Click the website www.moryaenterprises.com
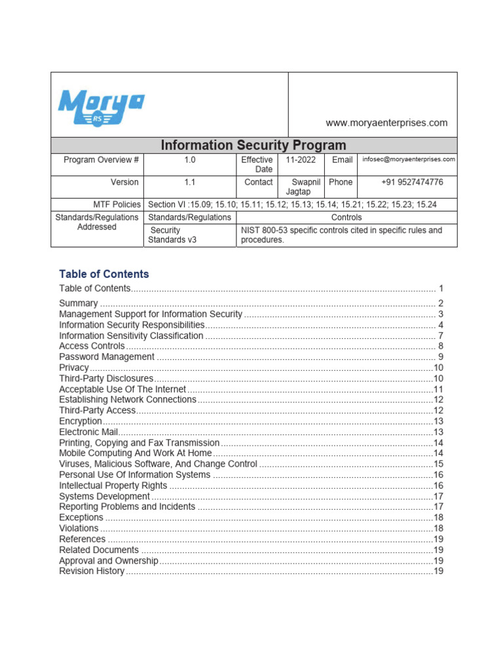coord(387,123)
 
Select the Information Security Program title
coord(253,145)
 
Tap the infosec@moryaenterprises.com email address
coord(409,159)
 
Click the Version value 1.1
coord(189,182)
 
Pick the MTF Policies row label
coord(117,204)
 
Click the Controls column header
coord(346,217)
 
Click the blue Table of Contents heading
coord(104,274)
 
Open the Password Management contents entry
coord(107,357)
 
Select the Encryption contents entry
coord(81,421)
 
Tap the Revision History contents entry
coord(92,571)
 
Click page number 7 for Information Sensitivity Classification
coord(441,335)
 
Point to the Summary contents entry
coord(79,303)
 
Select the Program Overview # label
coord(101,160)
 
